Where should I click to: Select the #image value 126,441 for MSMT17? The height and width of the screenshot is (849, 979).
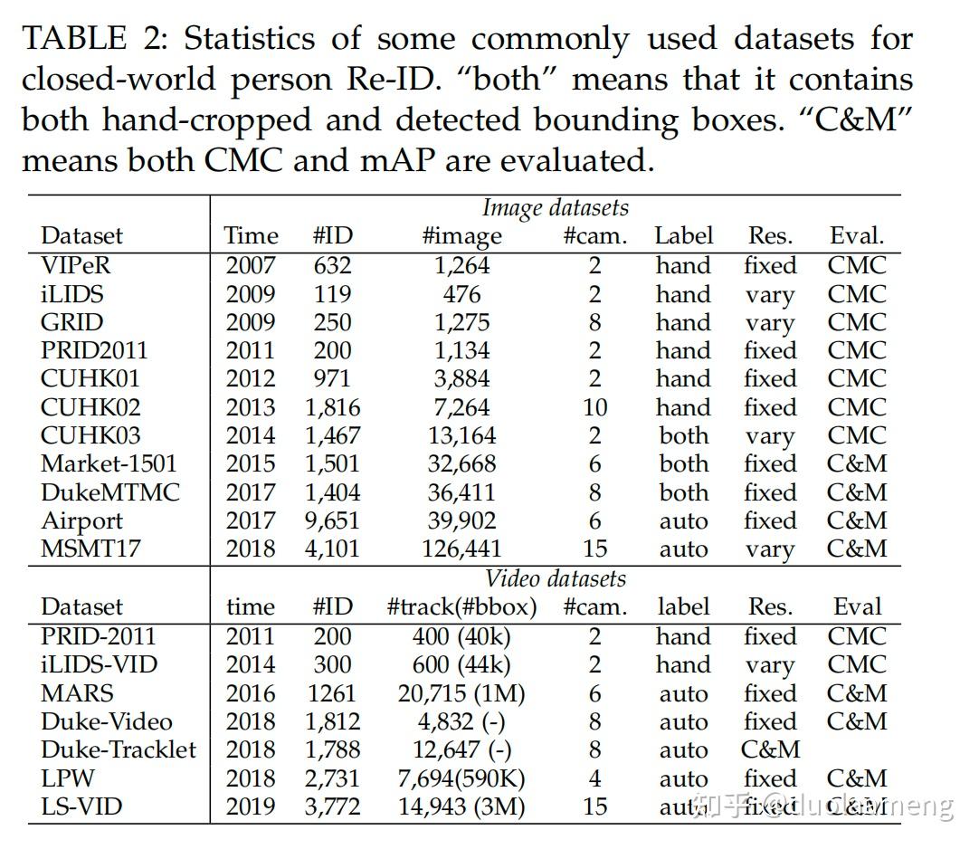(x=461, y=549)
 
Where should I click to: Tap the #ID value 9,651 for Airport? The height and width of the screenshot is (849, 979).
(x=332, y=521)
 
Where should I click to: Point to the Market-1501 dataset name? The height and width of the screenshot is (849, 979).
(x=109, y=464)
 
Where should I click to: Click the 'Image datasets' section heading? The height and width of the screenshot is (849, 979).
(x=555, y=208)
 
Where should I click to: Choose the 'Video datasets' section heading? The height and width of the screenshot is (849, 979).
(x=555, y=579)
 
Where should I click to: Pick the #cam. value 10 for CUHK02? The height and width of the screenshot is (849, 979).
(x=594, y=408)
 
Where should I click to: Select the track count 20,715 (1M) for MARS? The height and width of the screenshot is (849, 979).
(x=461, y=694)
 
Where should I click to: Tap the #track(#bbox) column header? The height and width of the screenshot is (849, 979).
(x=461, y=607)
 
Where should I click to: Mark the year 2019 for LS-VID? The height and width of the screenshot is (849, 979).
(x=251, y=806)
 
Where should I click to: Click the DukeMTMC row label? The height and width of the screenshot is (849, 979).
(x=109, y=493)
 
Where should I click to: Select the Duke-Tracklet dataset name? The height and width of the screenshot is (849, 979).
(x=119, y=750)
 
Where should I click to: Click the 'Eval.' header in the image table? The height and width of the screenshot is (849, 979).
(x=856, y=236)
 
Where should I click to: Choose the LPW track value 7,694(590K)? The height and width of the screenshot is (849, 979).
(x=461, y=778)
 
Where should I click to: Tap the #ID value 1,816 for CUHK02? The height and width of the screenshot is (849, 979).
(x=332, y=408)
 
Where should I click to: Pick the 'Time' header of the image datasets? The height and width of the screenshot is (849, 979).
(x=251, y=236)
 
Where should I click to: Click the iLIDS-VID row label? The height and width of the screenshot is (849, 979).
(x=99, y=665)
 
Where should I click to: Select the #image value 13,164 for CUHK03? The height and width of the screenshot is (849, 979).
(x=461, y=436)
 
